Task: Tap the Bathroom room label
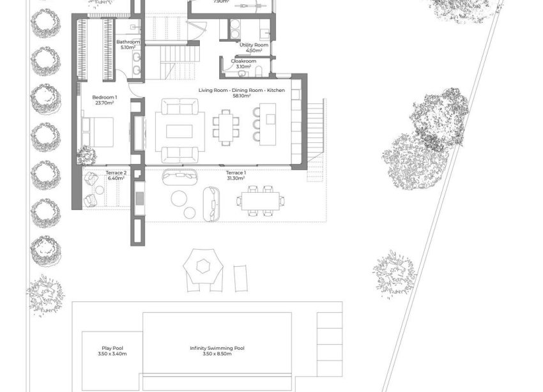[128, 42]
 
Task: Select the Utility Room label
[253, 45]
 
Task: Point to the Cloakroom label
[244, 61]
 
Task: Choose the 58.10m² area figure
[241, 96]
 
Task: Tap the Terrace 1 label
[236, 172]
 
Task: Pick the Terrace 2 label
[116, 173]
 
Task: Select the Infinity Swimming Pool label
[217, 349]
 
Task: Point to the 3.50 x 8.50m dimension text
[217, 354]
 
